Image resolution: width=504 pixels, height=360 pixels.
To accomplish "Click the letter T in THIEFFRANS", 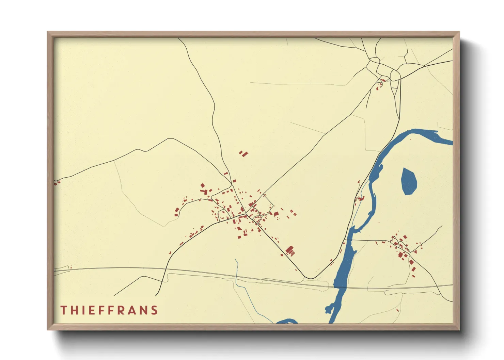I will tap(63, 310).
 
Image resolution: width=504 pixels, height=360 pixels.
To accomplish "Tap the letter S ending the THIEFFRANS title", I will tap(155, 310).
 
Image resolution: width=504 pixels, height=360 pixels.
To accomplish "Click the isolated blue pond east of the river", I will tap(409, 181).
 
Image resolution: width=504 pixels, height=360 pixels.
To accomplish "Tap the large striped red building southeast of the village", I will tap(290, 251).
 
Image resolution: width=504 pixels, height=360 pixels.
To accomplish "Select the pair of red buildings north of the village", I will tap(243, 153).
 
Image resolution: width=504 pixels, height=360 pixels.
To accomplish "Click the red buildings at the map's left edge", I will tap(57, 183).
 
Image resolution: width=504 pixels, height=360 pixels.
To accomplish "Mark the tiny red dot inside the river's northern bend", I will tap(410, 139).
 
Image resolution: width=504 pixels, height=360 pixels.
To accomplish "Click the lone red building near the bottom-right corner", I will tap(398, 310).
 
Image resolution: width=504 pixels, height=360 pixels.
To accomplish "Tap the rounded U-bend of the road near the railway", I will tap(311, 278).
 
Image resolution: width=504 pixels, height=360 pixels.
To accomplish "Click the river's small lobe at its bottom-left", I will tap(328, 309).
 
